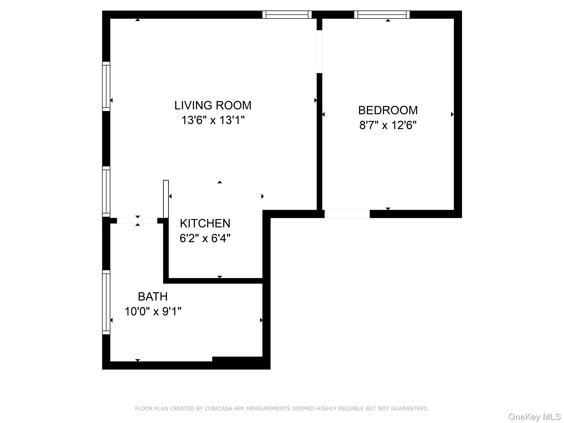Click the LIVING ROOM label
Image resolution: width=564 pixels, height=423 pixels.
click(x=213, y=105)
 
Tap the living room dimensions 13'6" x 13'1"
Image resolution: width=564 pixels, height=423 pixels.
click(x=213, y=120)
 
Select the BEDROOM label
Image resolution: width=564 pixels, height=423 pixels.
click(x=388, y=110)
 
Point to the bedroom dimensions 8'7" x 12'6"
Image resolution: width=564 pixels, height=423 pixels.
click(x=388, y=125)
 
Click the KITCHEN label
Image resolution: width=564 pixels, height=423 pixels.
click(x=205, y=223)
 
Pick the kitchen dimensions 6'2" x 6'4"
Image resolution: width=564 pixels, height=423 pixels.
click(x=205, y=238)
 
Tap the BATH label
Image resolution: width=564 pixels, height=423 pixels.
click(x=153, y=297)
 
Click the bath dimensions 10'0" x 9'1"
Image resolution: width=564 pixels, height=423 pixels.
click(x=153, y=311)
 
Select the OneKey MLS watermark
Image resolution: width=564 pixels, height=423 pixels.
click(x=535, y=417)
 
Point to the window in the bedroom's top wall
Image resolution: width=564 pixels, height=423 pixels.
click(x=382, y=15)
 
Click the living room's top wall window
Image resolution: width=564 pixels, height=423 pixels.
click(x=287, y=15)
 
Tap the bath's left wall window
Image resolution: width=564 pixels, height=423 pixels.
click(x=106, y=302)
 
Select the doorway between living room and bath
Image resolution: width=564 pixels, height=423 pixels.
click(x=137, y=221)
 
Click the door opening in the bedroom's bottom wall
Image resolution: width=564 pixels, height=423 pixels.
click(x=347, y=214)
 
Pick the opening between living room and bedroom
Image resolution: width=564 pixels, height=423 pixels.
click(x=319, y=51)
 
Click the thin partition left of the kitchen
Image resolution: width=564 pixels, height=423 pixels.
click(x=166, y=199)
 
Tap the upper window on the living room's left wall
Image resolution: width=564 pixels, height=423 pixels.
click(x=106, y=86)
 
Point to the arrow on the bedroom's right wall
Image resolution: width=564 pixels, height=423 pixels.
click(x=452, y=114)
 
